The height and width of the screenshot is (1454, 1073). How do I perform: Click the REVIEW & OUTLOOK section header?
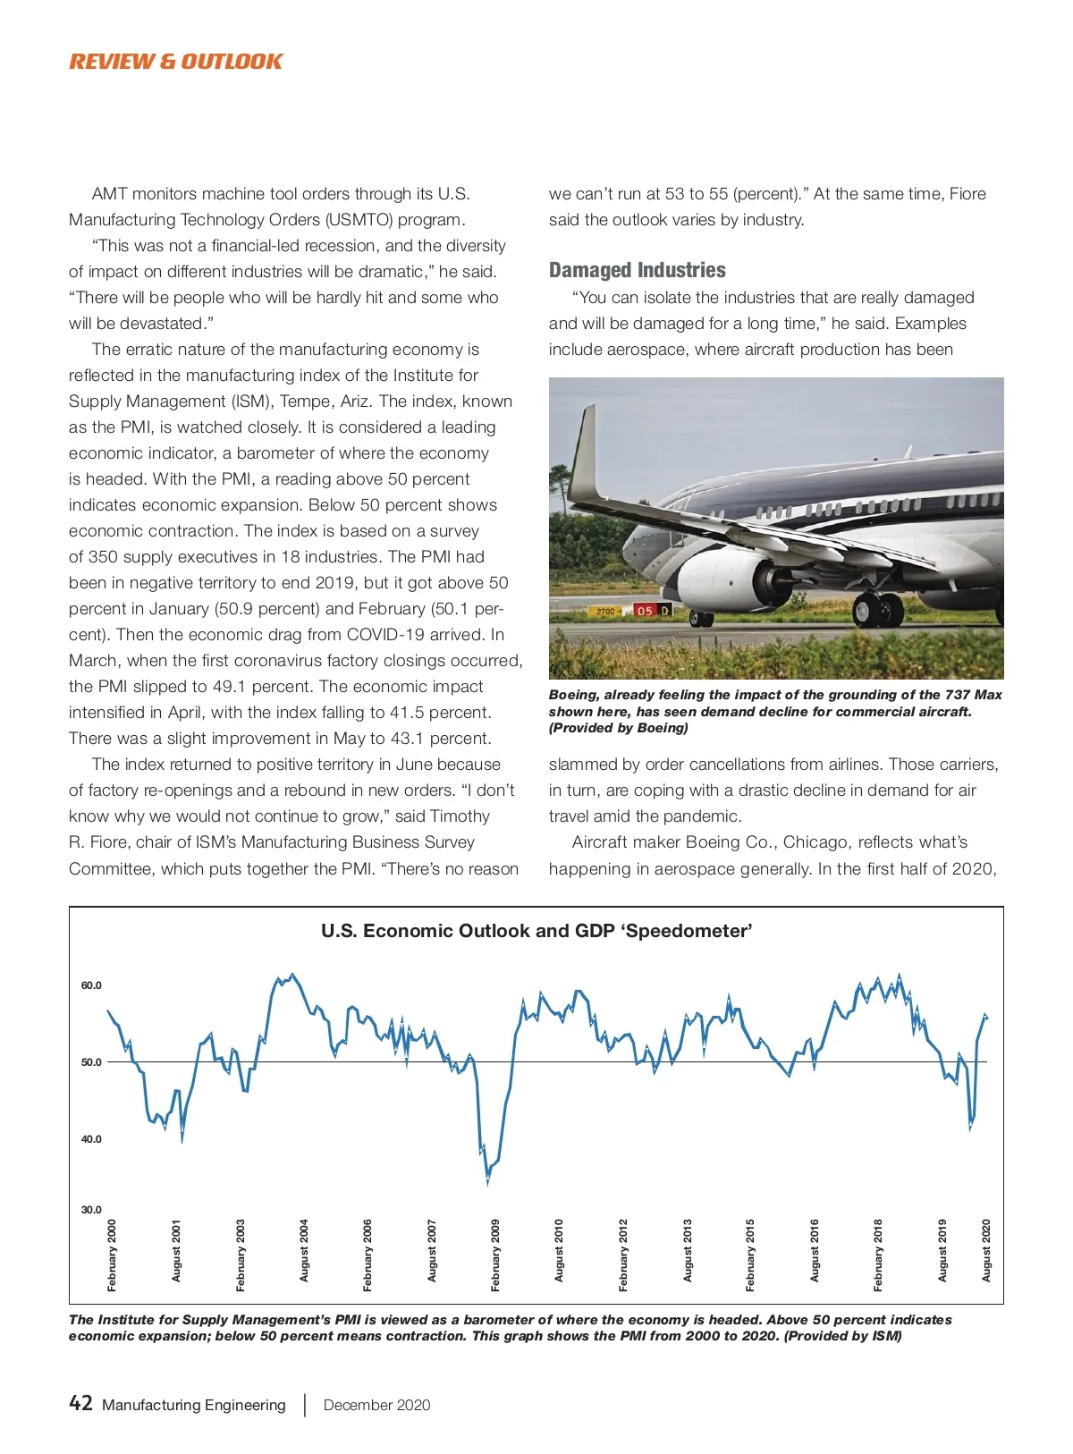pyautogui.click(x=175, y=62)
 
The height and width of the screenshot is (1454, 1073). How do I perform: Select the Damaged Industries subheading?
pyautogui.click(x=637, y=270)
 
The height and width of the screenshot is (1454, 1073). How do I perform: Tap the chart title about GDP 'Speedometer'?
pyautogui.click(x=536, y=931)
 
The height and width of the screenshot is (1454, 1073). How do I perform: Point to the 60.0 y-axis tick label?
pyautogui.click(x=91, y=985)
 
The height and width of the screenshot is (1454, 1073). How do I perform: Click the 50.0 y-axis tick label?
pyautogui.click(x=91, y=1062)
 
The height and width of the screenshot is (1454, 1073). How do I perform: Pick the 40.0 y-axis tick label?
pyautogui.click(x=91, y=1139)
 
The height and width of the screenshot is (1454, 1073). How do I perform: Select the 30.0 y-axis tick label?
pyautogui.click(x=91, y=1210)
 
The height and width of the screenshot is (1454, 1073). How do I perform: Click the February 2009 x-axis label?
pyautogui.click(x=495, y=1255)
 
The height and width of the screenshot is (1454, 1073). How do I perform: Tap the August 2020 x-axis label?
pyautogui.click(x=986, y=1250)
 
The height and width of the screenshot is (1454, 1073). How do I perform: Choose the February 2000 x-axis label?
pyautogui.click(x=112, y=1255)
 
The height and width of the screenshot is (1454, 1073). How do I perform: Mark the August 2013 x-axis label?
pyautogui.click(x=688, y=1250)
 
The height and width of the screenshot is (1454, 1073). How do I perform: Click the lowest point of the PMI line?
pyautogui.click(x=487, y=1182)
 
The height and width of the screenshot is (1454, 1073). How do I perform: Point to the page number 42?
pyautogui.click(x=80, y=1403)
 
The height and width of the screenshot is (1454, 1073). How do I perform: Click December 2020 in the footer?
pyautogui.click(x=376, y=1405)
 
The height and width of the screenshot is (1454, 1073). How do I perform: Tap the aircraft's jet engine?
pyautogui.click(x=724, y=577)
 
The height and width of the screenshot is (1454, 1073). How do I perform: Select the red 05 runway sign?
pyautogui.click(x=645, y=611)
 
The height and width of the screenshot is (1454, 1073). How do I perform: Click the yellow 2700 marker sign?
pyautogui.click(x=606, y=611)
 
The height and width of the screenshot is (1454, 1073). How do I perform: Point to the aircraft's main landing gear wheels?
pyautogui.click(x=878, y=609)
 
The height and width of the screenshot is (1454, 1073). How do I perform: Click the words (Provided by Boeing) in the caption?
pyautogui.click(x=618, y=728)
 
